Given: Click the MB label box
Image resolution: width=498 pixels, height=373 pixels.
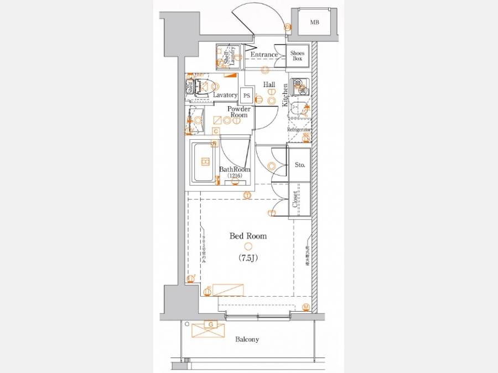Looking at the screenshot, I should [314, 23].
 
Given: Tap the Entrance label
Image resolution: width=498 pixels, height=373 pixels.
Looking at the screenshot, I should [264, 55].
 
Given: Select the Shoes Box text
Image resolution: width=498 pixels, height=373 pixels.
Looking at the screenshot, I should [298, 55].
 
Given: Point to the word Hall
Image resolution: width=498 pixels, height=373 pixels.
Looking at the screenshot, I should [269, 85].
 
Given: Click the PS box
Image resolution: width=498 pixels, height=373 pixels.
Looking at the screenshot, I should [247, 96].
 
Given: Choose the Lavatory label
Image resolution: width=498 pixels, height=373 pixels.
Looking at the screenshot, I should [225, 95].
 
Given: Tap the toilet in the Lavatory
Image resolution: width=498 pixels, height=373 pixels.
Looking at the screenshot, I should [206, 86].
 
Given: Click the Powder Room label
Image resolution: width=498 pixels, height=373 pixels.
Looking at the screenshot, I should [238, 112].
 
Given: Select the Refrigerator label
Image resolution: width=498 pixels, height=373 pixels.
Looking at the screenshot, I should [299, 129].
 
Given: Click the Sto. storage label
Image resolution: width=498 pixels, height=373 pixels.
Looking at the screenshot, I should [299, 165].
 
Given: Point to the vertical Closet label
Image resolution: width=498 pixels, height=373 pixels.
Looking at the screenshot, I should [295, 200].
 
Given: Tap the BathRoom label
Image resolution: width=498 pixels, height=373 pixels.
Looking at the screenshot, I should [235, 170].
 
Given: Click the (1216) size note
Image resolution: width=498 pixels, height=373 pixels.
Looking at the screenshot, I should [235, 176].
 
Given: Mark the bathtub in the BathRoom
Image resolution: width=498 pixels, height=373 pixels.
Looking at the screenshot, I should [204, 162].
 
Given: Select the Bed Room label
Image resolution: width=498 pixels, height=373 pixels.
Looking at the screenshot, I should [248, 236].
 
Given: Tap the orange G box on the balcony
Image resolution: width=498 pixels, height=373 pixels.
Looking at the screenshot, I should [210, 324].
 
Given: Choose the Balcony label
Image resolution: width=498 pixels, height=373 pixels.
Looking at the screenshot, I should [247, 339].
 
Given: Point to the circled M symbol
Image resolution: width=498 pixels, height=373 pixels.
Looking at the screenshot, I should [306, 306].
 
